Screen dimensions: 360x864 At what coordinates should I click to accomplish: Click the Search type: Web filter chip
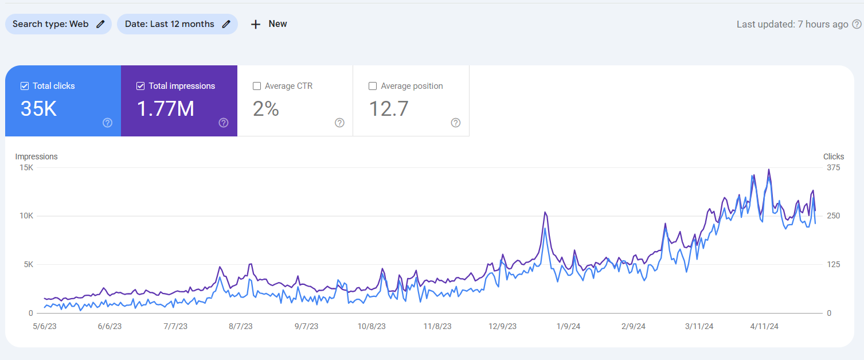click(x=58, y=24)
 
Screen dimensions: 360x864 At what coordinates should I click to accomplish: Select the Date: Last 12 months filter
click(x=177, y=24)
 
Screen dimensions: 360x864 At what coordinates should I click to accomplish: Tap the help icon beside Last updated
click(x=857, y=24)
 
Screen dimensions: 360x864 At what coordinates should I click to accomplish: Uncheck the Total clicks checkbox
click(x=25, y=86)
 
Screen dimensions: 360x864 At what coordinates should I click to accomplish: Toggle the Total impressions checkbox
click(x=140, y=86)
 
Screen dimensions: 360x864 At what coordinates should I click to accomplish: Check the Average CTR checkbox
click(x=257, y=86)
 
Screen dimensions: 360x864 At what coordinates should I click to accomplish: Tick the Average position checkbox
click(x=373, y=86)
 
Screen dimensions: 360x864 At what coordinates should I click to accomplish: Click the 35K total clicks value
click(x=38, y=109)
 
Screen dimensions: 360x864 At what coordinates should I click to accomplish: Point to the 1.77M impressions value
click(x=166, y=109)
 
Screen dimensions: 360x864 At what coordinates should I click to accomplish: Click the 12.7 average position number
click(x=388, y=109)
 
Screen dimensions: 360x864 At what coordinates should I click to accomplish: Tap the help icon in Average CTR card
click(x=339, y=123)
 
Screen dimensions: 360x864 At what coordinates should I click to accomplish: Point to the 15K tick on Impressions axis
click(x=26, y=168)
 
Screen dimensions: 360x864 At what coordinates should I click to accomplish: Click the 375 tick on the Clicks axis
click(x=833, y=168)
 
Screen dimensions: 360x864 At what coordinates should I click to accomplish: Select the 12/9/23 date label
click(x=502, y=326)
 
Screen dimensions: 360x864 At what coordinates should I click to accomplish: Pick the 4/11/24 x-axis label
click(x=764, y=326)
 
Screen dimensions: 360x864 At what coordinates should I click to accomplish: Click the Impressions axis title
click(x=36, y=156)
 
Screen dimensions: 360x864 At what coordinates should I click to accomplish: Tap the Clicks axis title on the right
click(x=833, y=156)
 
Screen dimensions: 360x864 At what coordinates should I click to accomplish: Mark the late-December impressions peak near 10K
click(x=545, y=213)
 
